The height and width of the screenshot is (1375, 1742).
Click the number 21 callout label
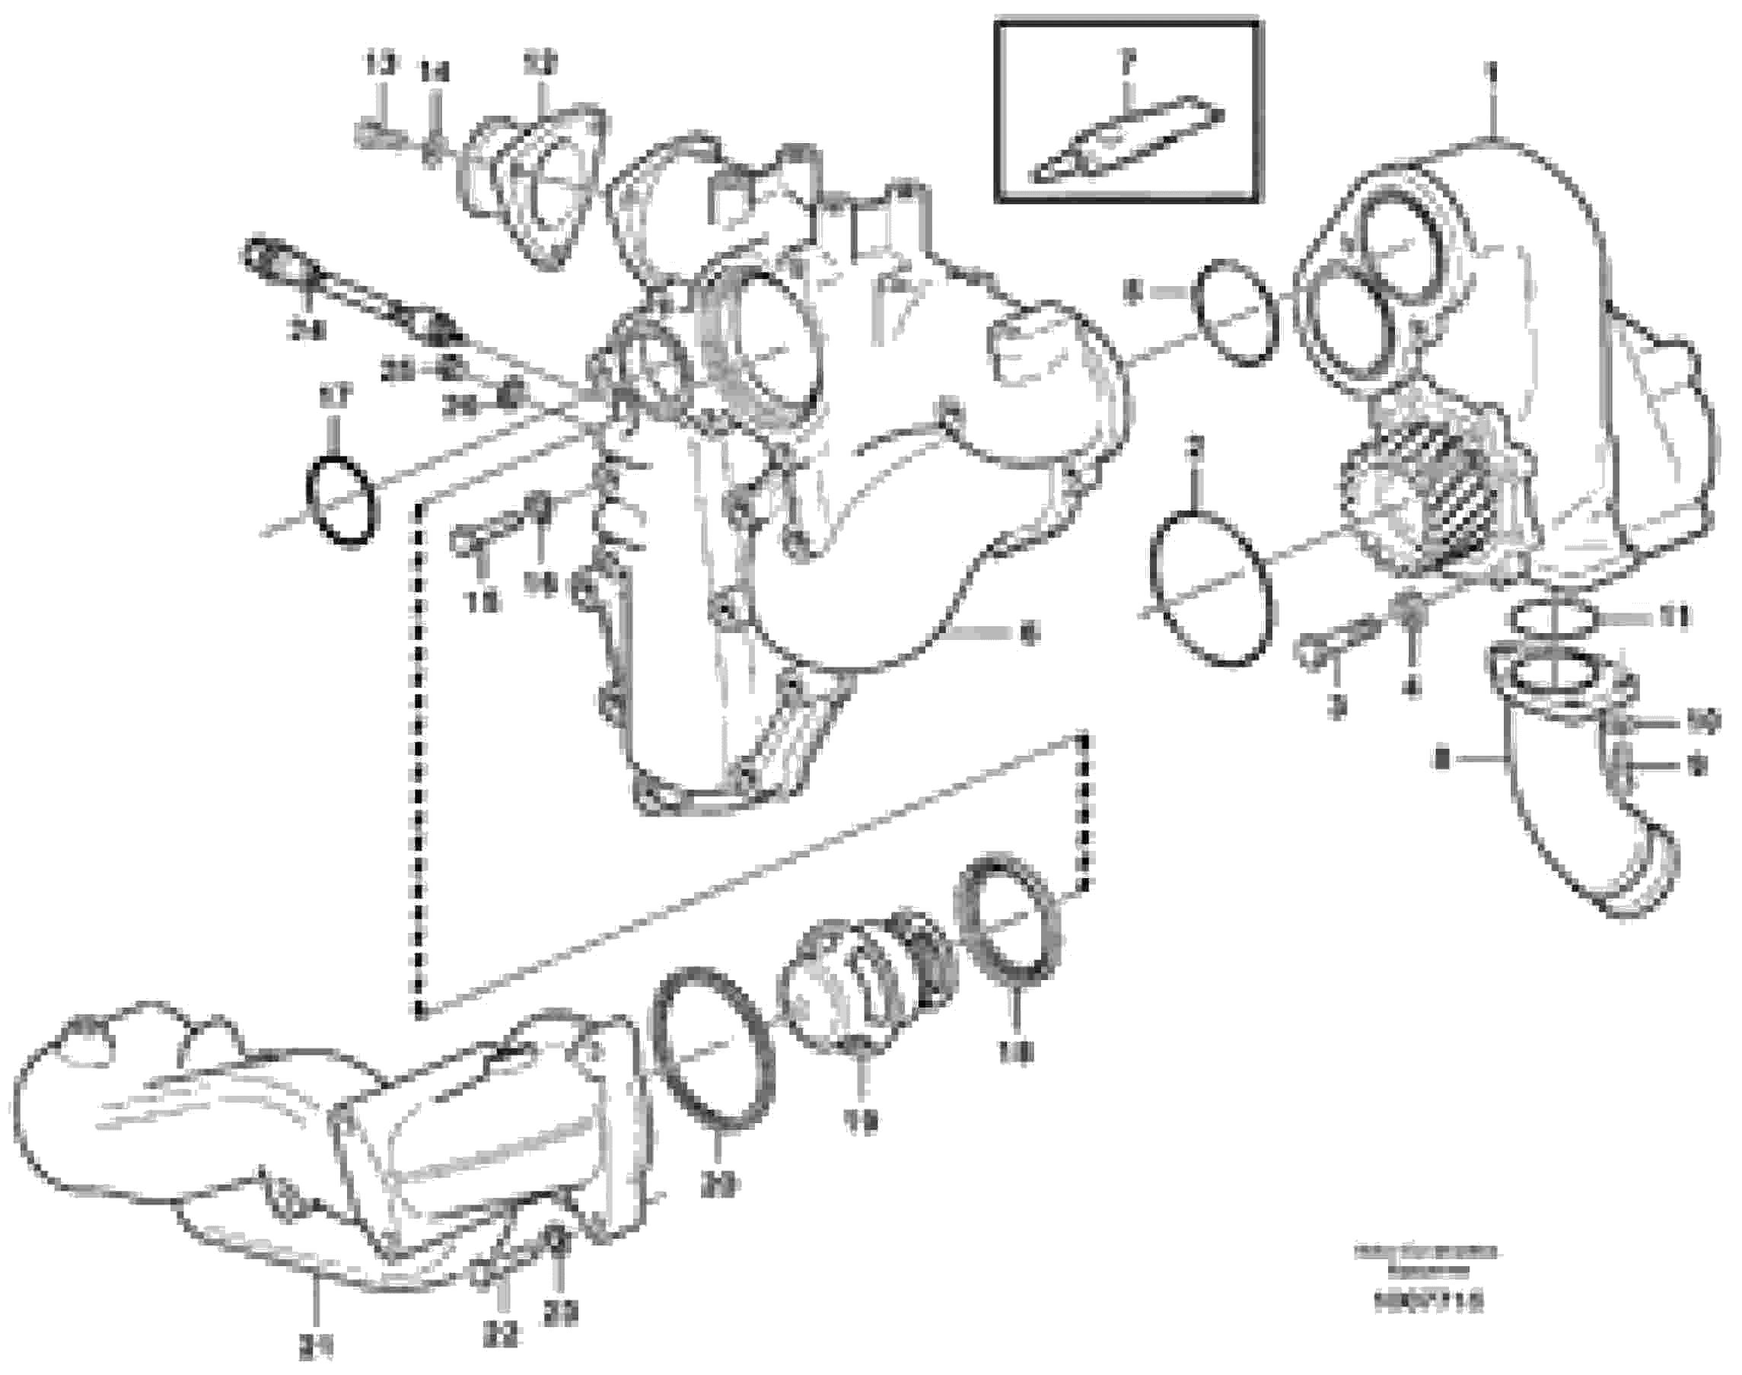(x=316, y=1345)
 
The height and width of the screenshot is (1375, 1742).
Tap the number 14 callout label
(x=435, y=74)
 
